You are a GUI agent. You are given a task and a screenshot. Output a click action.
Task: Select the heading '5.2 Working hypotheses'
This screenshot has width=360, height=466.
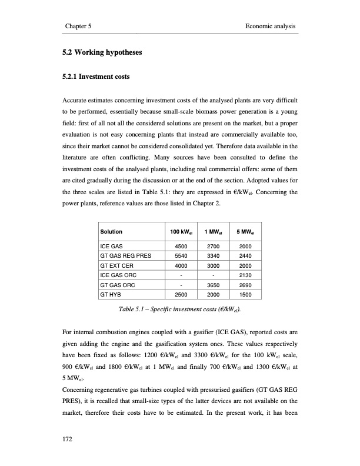(x=103, y=53)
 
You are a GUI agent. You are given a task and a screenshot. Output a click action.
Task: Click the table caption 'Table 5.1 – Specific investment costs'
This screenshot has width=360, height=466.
(x=179, y=308)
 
